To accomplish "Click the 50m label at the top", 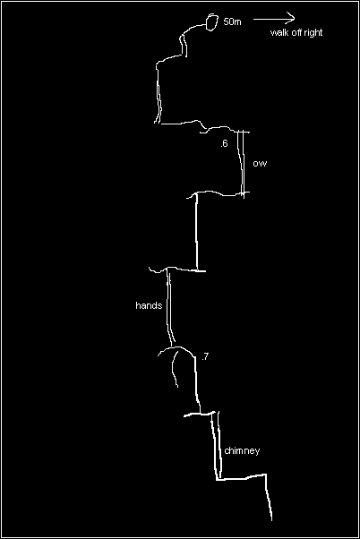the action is coord(232,21).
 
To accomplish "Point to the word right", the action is coord(313,33).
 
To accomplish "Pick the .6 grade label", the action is coord(224,143).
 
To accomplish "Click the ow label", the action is coord(260,163).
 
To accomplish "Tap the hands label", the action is coord(149,305).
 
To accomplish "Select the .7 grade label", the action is coord(205,357).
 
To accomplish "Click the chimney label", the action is coord(242,450).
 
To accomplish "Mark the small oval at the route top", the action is coord(212,22).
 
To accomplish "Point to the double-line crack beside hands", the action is coord(169,306).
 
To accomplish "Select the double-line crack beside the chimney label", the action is coord(216,445).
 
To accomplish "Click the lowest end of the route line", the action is coord(271,520).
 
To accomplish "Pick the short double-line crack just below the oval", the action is coord(184,45).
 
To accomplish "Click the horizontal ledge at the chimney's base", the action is coord(242,477).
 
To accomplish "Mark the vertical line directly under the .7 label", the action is coord(197,385).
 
